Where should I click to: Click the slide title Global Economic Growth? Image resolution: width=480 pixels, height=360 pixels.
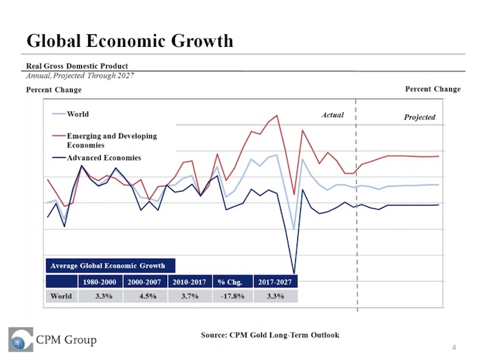(129, 41)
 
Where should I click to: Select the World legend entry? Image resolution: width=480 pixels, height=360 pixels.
(77, 114)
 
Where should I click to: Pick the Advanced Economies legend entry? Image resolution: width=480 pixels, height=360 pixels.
(104, 158)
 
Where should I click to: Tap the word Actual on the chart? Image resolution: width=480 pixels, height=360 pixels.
(332, 115)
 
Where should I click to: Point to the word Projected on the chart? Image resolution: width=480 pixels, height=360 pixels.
(419, 117)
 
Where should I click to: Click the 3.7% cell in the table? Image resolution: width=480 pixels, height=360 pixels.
(188, 296)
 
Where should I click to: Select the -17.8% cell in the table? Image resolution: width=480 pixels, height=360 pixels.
(230, 296)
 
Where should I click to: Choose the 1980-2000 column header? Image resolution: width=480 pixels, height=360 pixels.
(100, 282)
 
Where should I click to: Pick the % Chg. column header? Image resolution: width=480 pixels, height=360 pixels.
(230, 282)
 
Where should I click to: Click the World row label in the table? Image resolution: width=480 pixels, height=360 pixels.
(62, 296)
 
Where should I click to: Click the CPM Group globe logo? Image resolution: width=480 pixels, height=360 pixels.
(21, 340)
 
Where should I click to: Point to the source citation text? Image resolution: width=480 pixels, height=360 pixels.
(269, 336)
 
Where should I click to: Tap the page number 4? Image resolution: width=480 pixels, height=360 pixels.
(454, 347)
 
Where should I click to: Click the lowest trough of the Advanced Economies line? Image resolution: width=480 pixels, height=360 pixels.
(294, 273)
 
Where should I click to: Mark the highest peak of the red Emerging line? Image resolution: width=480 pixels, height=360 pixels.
(278, 115)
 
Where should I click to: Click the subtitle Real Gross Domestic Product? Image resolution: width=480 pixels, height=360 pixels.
(77, 66)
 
